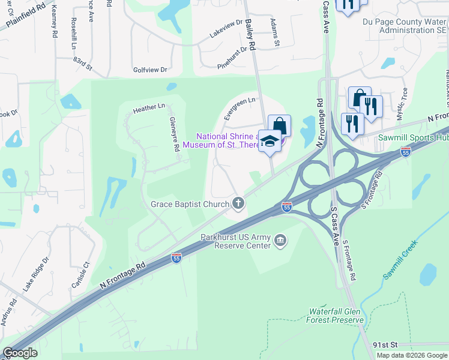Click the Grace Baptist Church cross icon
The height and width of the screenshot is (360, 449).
(x=238, y=204)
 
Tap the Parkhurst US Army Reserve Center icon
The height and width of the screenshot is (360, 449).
(x=280, y=241)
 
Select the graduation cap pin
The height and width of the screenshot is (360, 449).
(x=270, y=140)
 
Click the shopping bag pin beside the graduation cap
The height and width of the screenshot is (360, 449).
(x=279, y=126)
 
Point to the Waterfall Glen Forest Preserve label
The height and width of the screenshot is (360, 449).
(x=336, y=316)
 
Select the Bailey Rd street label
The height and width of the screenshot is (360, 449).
(x=250, y=34)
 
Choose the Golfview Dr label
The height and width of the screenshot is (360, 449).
(x=150, y=70)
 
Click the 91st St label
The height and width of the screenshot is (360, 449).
(x=385, y=345)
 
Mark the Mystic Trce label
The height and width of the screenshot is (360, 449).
(x=404, y=100)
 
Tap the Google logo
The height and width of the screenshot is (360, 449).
(x=20, y=352)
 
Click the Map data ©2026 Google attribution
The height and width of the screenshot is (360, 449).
(x=412, y=355)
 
